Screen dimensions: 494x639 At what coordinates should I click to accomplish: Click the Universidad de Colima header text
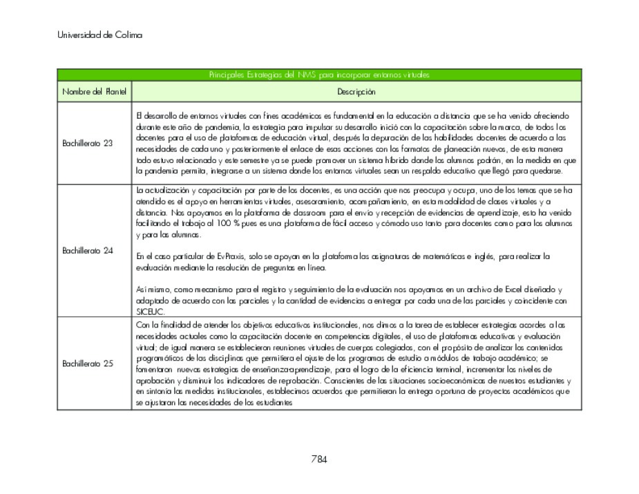[x=100, y=35]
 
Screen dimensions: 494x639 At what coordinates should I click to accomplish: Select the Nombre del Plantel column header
[x=94, y=92]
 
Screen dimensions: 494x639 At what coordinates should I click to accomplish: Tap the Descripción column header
[x=356, y=92]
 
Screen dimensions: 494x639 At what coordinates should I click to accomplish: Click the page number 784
[x=318, y=458]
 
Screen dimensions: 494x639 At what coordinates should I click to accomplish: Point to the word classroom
[x=294, y=212]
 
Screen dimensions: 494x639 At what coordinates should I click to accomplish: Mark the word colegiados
[x=368, y=347]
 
